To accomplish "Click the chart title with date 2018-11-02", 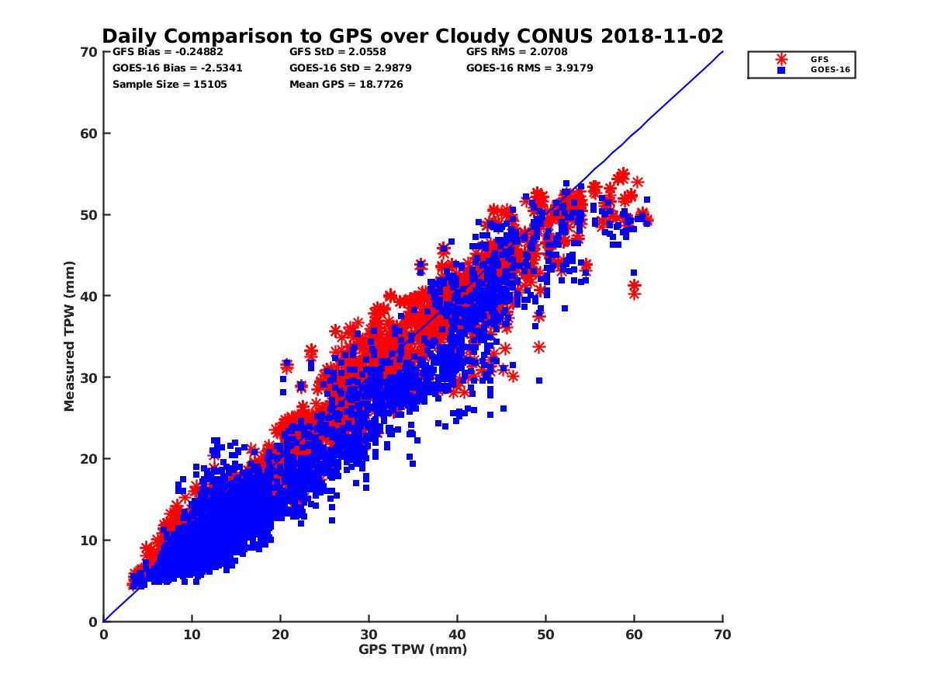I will point(413,36).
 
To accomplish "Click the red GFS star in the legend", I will point(781,59).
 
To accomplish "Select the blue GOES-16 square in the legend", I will point(781,70).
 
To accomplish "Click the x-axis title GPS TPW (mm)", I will point(413,649).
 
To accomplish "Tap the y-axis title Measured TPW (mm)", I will point(70,336).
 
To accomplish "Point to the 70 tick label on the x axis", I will point(722,635).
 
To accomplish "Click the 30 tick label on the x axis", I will point(369,635).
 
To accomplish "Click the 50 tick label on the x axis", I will point(545,635).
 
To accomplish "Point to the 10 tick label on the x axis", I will point(192,635).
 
